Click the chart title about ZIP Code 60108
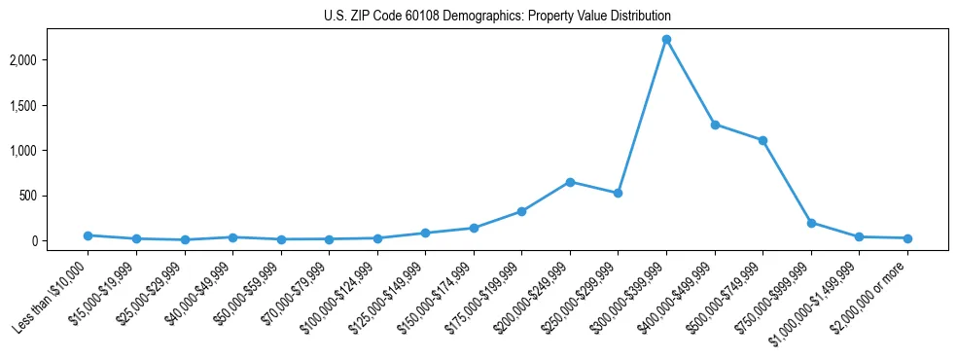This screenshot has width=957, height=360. click(x=497, y=17)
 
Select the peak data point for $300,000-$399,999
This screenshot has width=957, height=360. click(x=666, y=39)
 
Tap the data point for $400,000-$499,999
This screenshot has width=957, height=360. click(x=715, y=125)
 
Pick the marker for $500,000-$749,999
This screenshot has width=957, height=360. click(x=762, y=140)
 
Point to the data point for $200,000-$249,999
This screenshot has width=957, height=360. click(x=570, y=182)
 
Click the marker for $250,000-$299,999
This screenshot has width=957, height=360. click(x=618, y=193)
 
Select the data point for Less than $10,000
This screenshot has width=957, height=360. click(x=88, y=235)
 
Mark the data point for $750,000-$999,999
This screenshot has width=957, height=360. click(x=811, y=223)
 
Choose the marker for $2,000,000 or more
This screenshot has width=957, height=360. click(x=907, y=238)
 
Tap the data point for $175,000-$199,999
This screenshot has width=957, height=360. click(x=521, y=211)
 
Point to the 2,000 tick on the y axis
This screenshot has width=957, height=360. click(x=48, y=60)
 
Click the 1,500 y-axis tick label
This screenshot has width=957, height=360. click(x=48, y=105)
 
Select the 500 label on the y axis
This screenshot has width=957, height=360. click(x=54, y=196)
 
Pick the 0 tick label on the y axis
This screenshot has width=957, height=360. click(x=60, y=240)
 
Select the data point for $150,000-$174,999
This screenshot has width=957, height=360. click(x=474, y=228)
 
